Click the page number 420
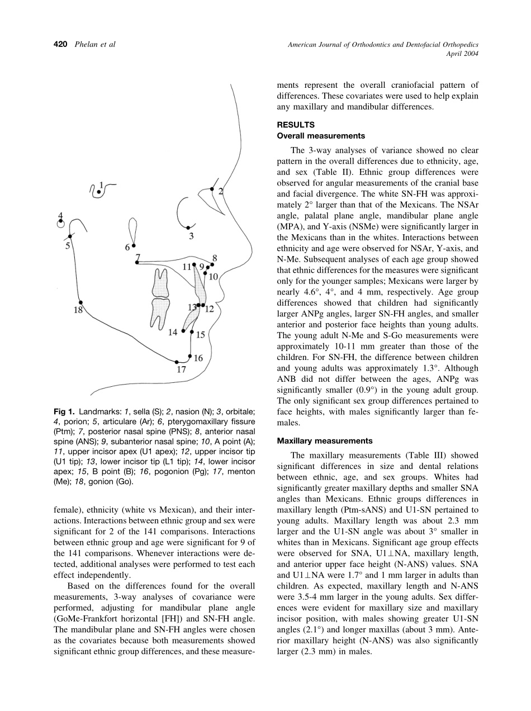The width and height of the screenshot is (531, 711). pyautogui.click(x=60, y=45)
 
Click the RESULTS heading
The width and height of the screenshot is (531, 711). pyautogui.click(x=296, y=125)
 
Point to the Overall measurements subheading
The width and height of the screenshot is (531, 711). pyautogui.click(x=321, y=136)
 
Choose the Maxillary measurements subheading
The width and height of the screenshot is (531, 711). pyautogui.click(x=325, y=441)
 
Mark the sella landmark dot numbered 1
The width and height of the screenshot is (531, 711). pyautogui.click(x=98, y=192)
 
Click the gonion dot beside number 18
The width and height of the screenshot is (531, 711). pyautogui.click(x=80, y=302)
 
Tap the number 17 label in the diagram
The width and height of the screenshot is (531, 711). pyautogui.click(x=181, y=369)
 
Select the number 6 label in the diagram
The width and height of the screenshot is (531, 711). pyautogui.click(x=127, y=247)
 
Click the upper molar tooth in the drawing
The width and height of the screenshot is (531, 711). pyautogui.click(x=161, y=282)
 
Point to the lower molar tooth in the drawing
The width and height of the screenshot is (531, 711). pyautogui.click(x=160, y=314)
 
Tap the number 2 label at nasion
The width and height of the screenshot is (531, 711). pyautogui.click(x=221, y=192)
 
